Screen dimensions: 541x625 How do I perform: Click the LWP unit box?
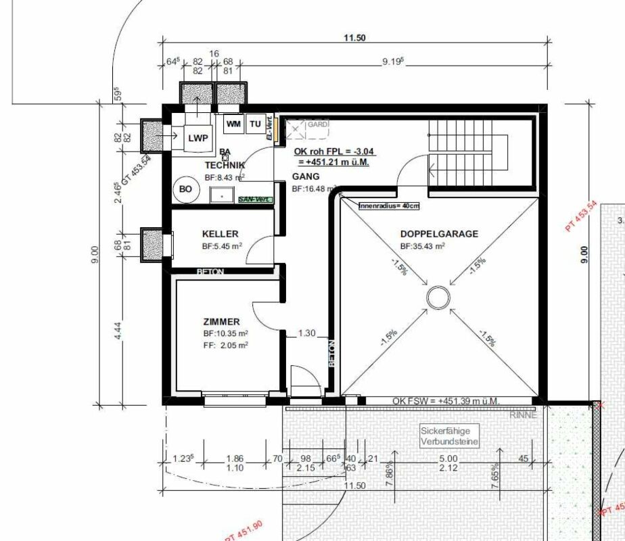199,138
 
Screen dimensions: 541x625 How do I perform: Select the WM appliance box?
234,124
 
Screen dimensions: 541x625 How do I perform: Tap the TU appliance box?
255,124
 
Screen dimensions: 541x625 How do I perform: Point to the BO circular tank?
185,190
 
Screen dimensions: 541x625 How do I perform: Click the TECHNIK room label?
225,165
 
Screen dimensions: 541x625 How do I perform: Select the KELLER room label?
220,234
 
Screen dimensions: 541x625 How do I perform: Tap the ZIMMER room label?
222,322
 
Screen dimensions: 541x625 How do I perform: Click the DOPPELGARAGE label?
439,234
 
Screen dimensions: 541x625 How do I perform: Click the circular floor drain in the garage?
438,297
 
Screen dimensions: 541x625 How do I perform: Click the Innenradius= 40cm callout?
388,206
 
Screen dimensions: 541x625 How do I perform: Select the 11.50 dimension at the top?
354,38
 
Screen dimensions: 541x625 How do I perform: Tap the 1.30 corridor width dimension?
306,333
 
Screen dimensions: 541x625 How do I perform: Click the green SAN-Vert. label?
254,199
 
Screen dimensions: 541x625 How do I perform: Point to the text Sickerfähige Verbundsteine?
450,436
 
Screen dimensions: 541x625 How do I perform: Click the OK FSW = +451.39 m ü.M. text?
446,402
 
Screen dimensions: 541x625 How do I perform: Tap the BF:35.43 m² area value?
422,246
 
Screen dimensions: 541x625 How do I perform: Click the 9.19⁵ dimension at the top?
392,62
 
